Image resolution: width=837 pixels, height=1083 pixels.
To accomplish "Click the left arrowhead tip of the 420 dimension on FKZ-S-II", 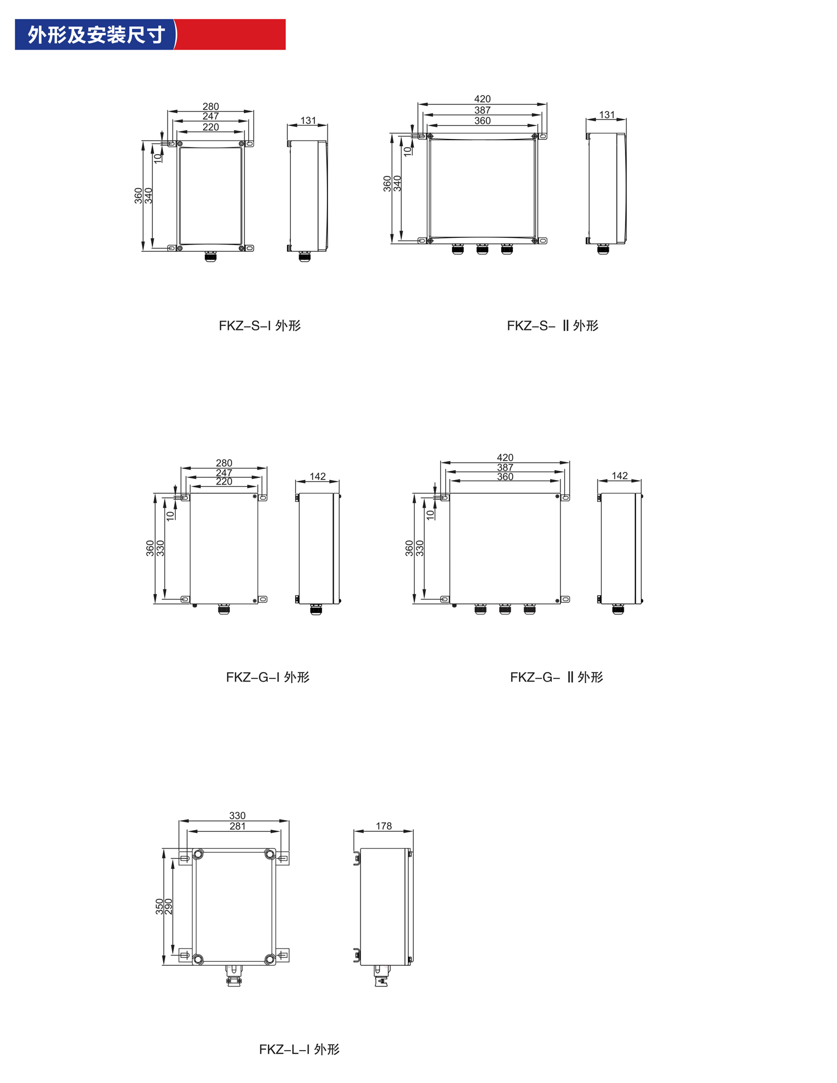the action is tap(418, 104).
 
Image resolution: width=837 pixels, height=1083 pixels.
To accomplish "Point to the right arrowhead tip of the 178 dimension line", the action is tap(413, 831).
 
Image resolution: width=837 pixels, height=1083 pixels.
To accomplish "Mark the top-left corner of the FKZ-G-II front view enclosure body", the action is tap(450, 493).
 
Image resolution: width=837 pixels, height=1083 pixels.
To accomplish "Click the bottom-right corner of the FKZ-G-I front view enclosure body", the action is tap(258, 603).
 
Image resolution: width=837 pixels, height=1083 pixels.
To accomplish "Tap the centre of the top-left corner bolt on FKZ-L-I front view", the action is tap(198, 854).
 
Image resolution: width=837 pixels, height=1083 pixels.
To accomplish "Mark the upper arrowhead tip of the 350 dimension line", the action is tap(163, 849).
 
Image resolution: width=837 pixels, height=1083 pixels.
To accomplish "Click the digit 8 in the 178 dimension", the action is tap(389, 826).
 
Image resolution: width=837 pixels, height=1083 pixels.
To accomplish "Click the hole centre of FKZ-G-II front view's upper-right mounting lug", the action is tap(565, 497).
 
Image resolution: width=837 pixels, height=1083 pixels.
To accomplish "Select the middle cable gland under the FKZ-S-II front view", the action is tap(482, 248).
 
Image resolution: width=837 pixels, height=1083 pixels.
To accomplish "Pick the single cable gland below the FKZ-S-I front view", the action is tap(210, 256).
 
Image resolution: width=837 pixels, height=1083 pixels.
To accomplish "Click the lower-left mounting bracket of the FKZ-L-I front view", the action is tap(185, 955).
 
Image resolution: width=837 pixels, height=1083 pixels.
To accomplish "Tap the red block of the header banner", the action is tap(230, 35).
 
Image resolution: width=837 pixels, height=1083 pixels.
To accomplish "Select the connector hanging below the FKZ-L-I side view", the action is tap(381, 976).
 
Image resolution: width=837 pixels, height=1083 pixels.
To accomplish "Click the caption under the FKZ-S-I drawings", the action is tap(259, 325).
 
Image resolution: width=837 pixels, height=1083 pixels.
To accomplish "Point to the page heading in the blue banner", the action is tap(96, 35).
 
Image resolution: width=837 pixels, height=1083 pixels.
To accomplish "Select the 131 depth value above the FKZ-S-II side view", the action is tap(607, 115).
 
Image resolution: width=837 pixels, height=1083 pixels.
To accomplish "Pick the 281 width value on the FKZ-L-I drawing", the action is tap(238, 826).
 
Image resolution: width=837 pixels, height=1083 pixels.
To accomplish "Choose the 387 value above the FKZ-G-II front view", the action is tap(505, 467).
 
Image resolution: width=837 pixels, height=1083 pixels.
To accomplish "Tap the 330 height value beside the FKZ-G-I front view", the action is tap(160, 548).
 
